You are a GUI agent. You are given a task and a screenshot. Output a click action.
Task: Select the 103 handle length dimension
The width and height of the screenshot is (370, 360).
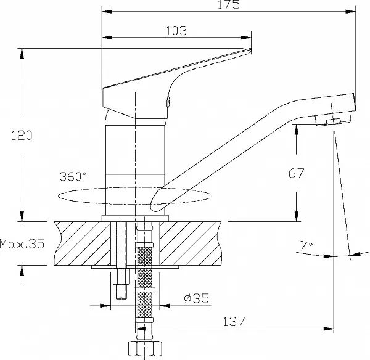pos(177,30)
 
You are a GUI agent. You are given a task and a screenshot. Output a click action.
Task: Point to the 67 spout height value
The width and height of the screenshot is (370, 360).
pos(297,173)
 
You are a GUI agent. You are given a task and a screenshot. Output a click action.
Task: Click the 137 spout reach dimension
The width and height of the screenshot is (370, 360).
pos(234,321)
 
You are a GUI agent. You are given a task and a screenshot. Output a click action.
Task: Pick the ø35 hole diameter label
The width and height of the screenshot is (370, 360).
pos(197,298)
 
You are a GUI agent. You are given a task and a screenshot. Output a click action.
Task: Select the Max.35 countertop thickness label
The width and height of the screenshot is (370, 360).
pos(22,244)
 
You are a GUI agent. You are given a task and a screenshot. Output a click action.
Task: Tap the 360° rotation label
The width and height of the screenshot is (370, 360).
pos(73,176)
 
